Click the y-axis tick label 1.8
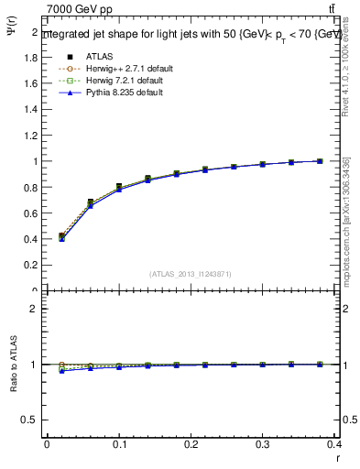click(31, 57)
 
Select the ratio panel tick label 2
click(36, 309)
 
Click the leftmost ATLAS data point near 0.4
click(61, 236)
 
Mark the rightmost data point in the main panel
click(320, 161)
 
